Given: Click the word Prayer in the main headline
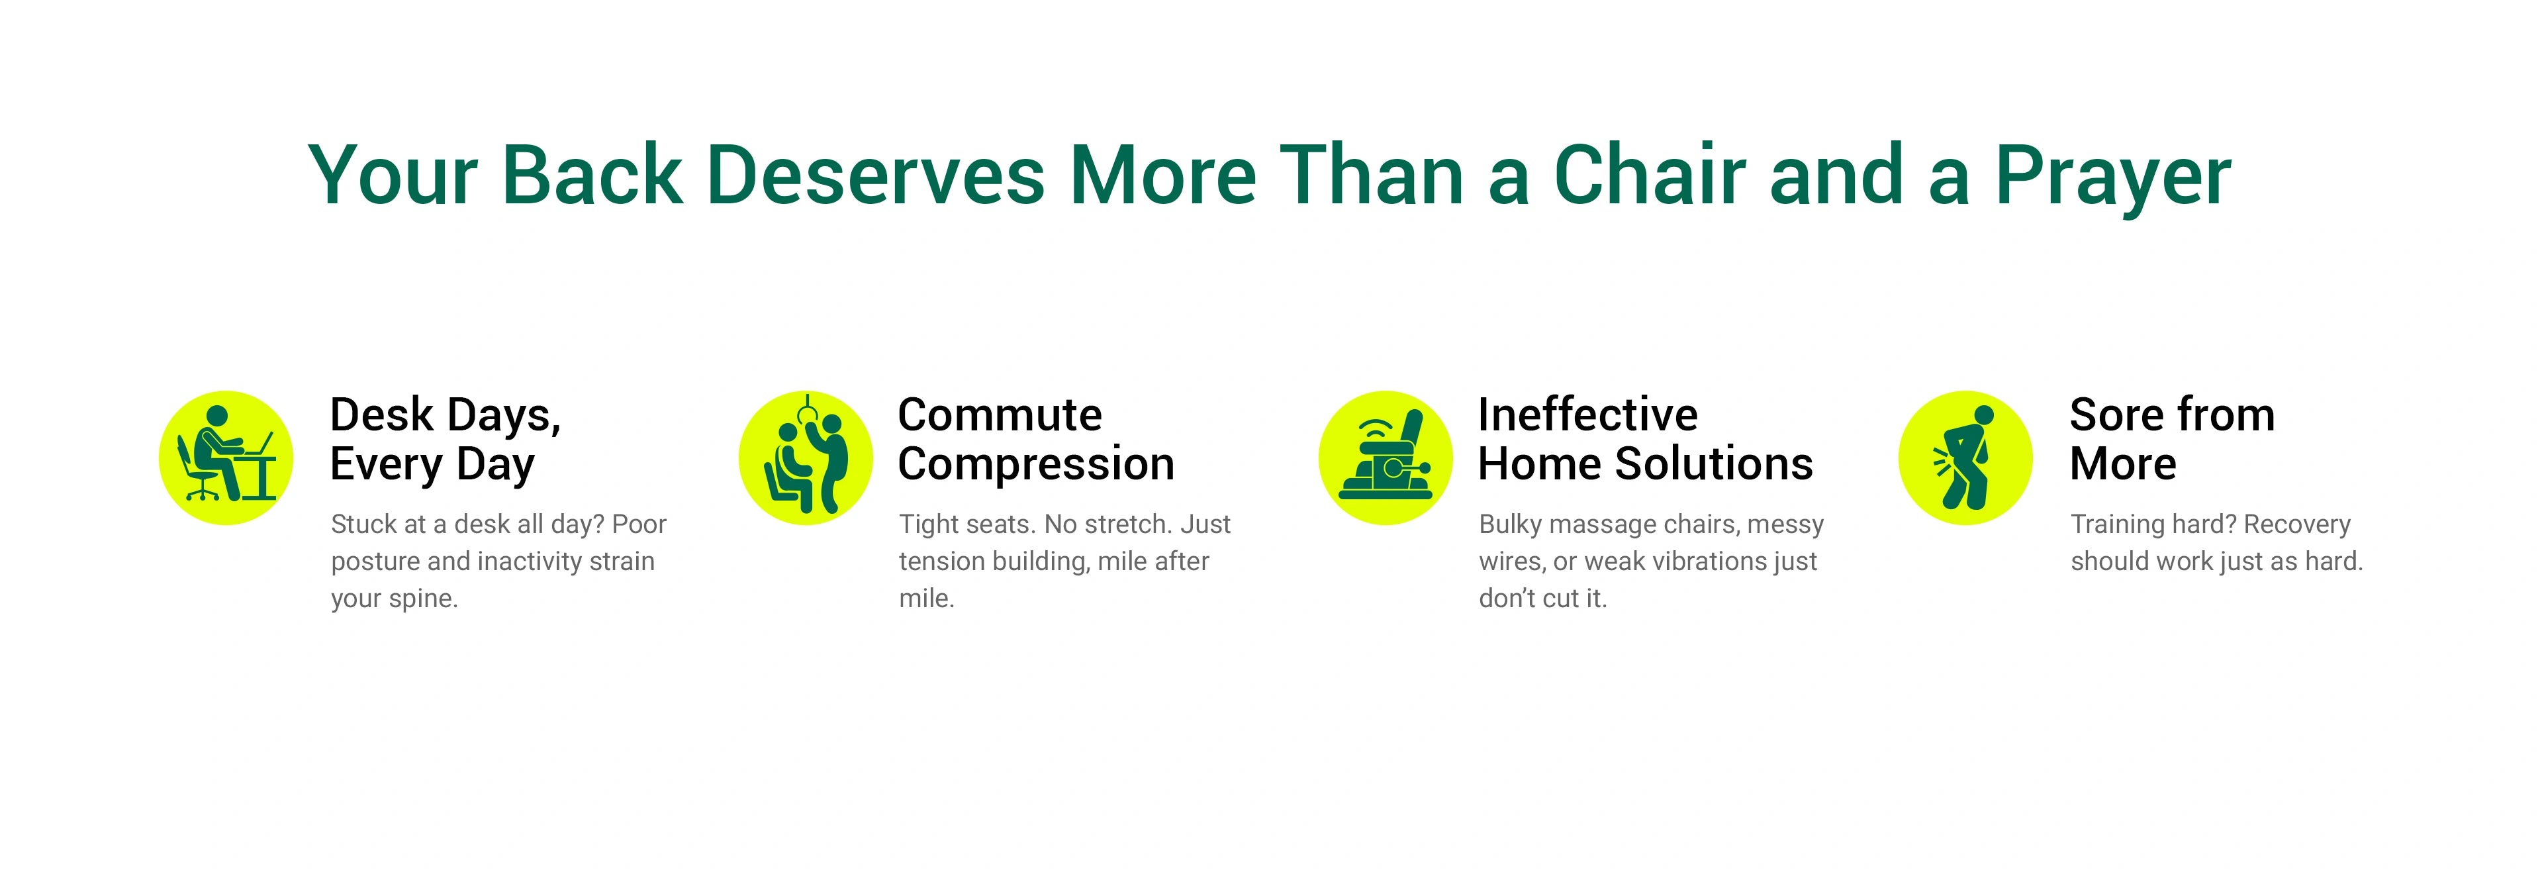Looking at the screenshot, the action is pos(2113,177).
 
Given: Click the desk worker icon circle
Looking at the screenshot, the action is pos(226,458).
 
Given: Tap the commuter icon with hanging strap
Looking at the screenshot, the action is pos(806,458).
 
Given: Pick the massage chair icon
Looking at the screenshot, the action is pos(1386,458).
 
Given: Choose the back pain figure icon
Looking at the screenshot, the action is pos(1965,458).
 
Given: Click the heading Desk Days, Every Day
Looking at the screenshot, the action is pos(446,440).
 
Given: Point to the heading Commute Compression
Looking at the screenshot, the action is pos(1036,439).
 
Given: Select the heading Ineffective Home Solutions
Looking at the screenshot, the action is pos(1645,439).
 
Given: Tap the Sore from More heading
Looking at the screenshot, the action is pos(2172,439).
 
